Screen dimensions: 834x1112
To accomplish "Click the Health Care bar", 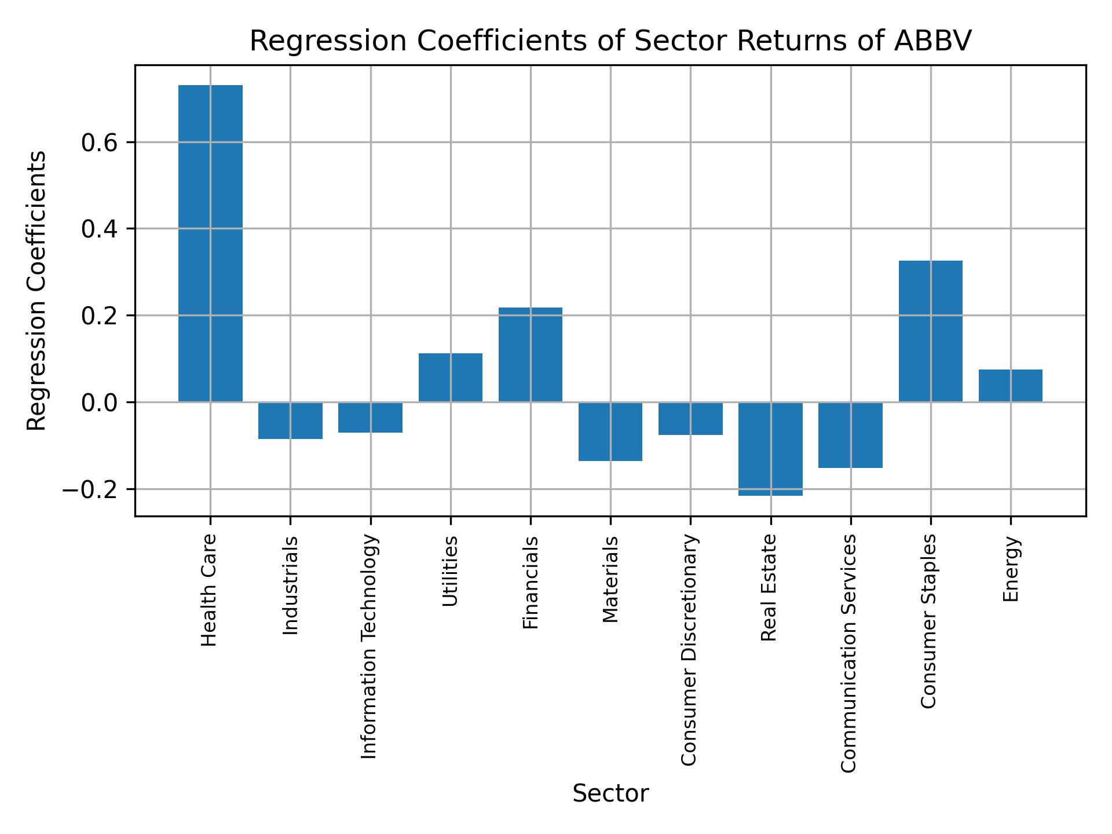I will click(x=210, y=243).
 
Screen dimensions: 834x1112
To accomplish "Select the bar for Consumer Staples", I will click(x=930, y=331).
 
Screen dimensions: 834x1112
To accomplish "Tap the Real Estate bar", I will click(x=770, y=449).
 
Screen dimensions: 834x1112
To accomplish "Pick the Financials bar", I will click(x=530, y=354).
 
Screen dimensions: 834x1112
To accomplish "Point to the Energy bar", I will click(x=1010, y=386).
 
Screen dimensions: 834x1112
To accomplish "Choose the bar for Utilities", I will click(x=450, y=378).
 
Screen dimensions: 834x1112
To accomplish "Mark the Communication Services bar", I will click(x=850, y=435).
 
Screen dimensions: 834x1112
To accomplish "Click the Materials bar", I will click(x=610, y=431).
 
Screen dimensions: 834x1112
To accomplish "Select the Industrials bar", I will click(x=290, y=420).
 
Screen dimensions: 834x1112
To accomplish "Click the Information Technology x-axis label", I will click(x=370, y=646).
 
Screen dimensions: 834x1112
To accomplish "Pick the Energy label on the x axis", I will click(x=1011, y=569).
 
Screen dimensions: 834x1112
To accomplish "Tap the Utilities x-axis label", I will click(x=450, y=571).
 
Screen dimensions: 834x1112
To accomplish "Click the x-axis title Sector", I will click(x=610, y=794).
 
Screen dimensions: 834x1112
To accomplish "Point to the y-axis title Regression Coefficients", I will click(x=37, y=291).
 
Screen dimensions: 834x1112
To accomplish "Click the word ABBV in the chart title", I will click(x=932, y=41).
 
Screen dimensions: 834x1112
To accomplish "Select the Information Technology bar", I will click(x=370, y=418).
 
